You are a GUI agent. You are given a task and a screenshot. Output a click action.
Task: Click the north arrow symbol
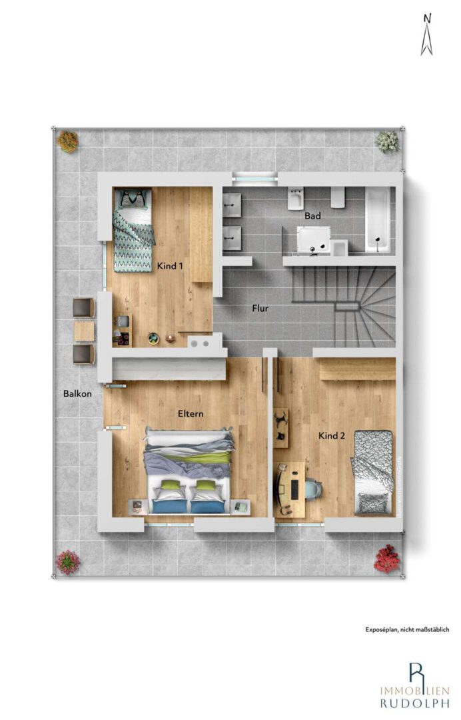(x=427, y=35)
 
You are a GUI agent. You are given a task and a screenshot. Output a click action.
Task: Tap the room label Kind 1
(x=170, y=266)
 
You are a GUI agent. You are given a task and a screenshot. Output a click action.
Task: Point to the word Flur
(x=260, y=309)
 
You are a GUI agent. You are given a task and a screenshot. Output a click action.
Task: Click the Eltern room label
(x=191, y=414)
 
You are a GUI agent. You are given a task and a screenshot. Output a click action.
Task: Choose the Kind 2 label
(x=332, y=436)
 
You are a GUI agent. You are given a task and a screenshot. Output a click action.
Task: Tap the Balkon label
(x=77, y=393)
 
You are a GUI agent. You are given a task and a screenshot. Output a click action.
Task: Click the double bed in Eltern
(x=190, y=471)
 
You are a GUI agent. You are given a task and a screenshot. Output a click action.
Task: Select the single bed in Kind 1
(x=133, y=230)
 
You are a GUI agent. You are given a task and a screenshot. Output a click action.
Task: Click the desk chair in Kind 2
(x=314, y=489)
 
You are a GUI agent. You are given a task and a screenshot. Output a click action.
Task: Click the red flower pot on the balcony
(x=386, y=559)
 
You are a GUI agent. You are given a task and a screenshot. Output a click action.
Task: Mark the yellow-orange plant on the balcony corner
(x=68, y=141)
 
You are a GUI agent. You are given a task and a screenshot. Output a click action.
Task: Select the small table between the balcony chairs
(x=85, y=331)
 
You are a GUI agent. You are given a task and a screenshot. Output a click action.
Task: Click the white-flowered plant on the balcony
(x=386, y=141)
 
